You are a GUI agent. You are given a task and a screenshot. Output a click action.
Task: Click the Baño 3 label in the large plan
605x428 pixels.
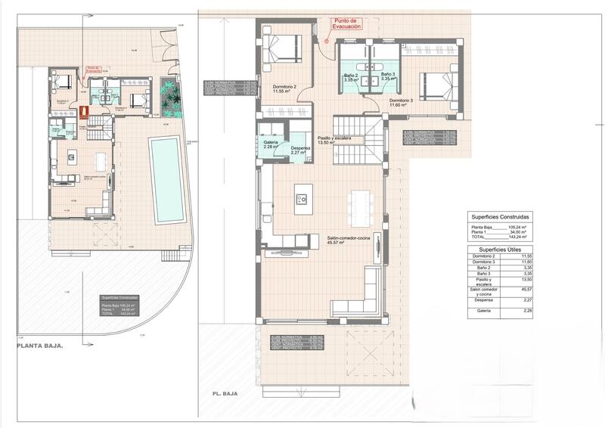tap(389, 76)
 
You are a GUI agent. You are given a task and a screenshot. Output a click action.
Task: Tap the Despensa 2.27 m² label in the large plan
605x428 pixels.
tap(300, 150)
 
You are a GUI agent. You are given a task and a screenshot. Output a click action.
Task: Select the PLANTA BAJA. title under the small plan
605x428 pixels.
tap(40, 345)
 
